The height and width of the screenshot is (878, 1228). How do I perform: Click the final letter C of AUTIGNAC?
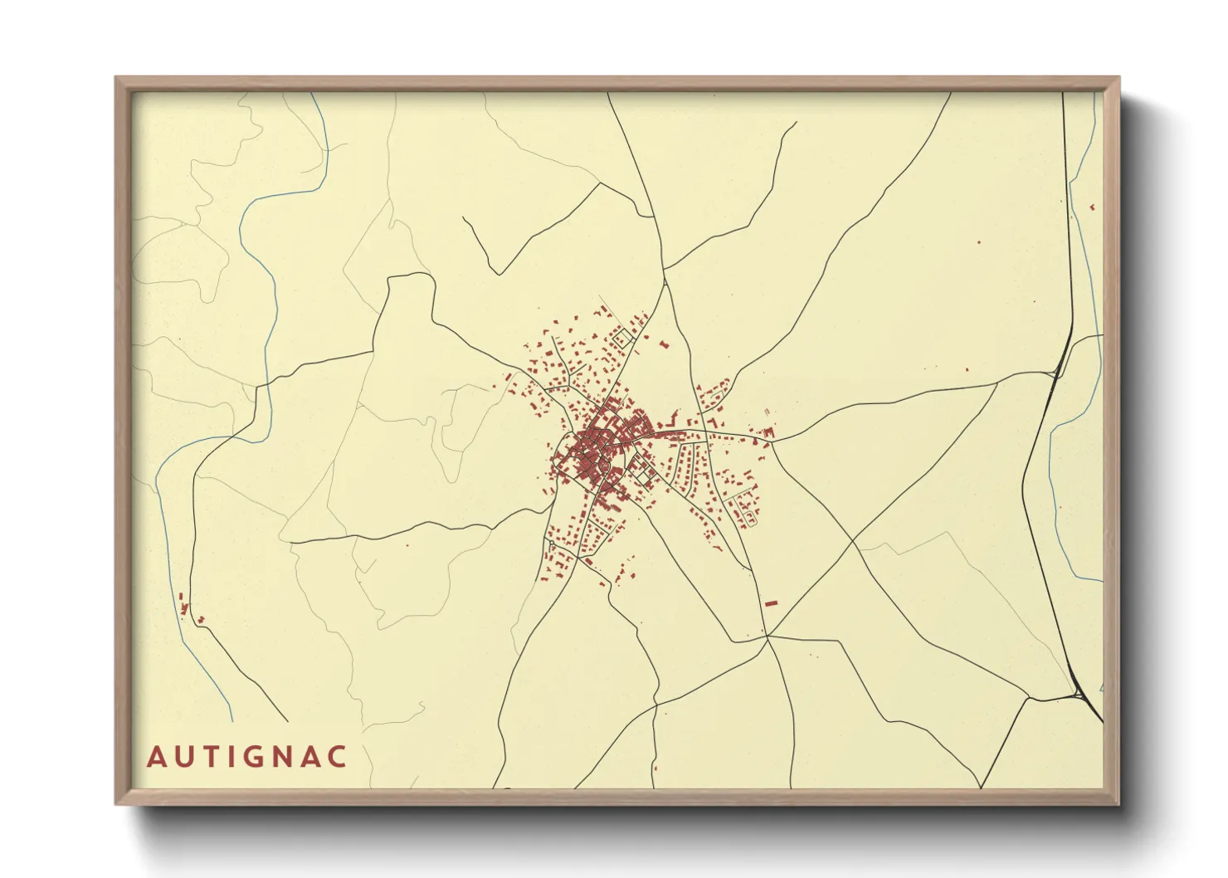[x=336, y=757]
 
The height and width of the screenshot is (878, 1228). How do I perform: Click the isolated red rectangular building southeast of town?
[x=771, y=602]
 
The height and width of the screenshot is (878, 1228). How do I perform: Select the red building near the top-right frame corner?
[x=1092, y=207]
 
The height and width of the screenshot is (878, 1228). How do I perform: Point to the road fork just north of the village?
[x=665, y=282]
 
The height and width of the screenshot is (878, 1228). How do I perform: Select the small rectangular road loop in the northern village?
[x=621, y=338]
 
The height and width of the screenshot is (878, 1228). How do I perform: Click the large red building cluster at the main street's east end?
[x=767, y=432]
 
